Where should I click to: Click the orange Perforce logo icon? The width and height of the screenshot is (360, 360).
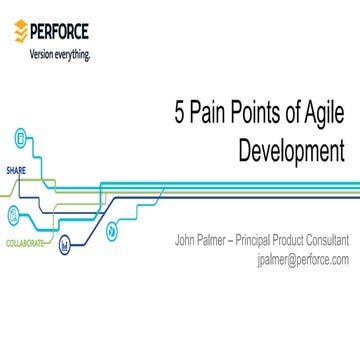[x=20, y=30]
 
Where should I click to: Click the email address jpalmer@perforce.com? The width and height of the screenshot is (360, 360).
[x=302, y=258]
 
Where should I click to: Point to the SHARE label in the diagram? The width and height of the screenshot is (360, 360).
[x=16, y=170]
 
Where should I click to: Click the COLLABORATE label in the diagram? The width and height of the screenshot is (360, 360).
[x=25, y=243]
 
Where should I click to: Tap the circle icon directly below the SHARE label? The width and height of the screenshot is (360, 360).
[x=15, y=212]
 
